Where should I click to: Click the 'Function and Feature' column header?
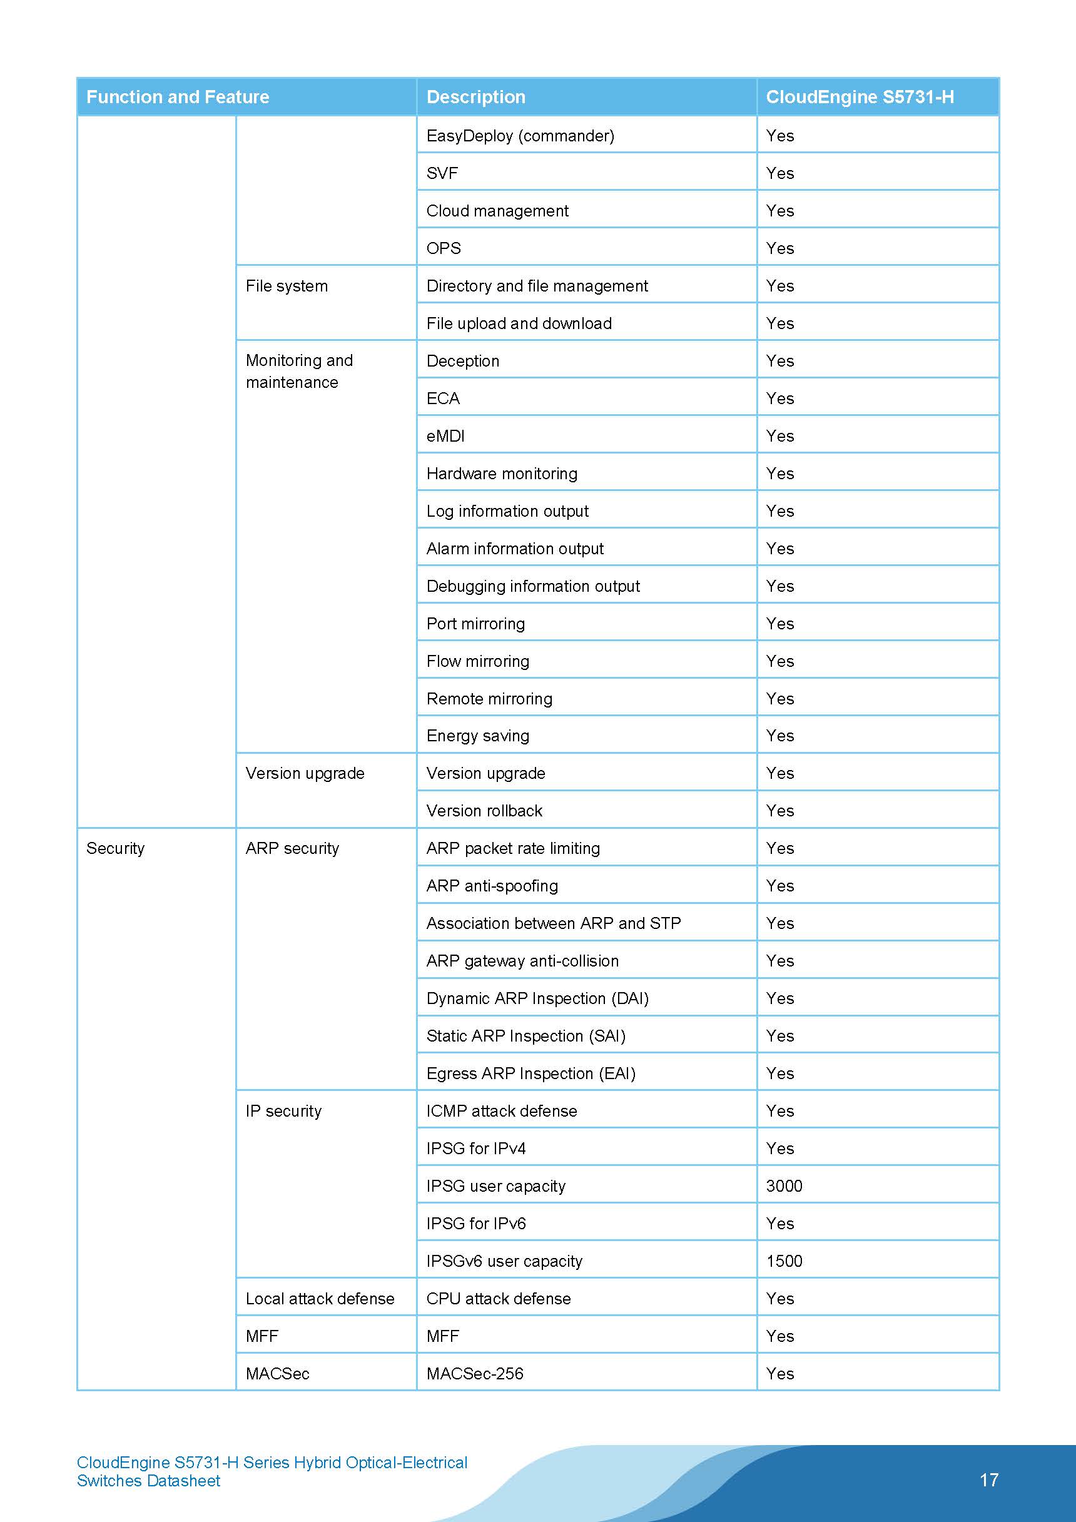(178, 97)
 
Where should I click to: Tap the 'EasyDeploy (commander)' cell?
(520, 136)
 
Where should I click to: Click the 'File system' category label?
(287, 286)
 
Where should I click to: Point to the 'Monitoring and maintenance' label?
(299, 371)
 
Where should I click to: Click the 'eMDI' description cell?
(445, 436)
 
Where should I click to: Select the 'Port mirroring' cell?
(475, 624)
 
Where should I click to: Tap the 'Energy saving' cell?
(477, 736)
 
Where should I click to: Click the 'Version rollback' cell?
(484, 811)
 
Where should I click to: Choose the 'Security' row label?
(115, 848)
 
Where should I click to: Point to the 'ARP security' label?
(292, 848)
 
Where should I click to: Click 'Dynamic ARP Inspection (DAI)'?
(537, 998)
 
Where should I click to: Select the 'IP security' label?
(283, 1111)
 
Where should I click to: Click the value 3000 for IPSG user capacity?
(784, 1186)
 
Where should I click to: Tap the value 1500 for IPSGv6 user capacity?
(784, 1261)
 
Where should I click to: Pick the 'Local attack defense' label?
(320, 1299)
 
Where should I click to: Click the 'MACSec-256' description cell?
(475, 1374)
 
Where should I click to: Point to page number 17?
(988, 1479)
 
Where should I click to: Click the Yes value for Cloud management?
(779, 211)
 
